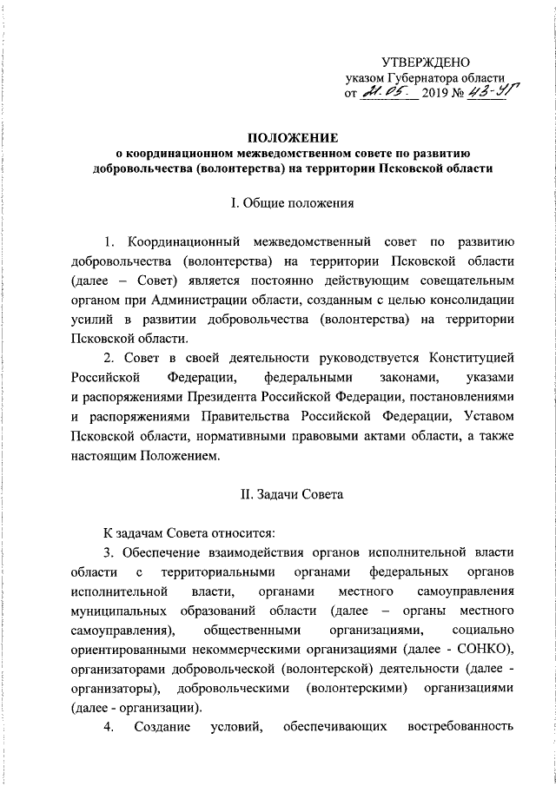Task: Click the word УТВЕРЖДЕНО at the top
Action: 426,62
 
